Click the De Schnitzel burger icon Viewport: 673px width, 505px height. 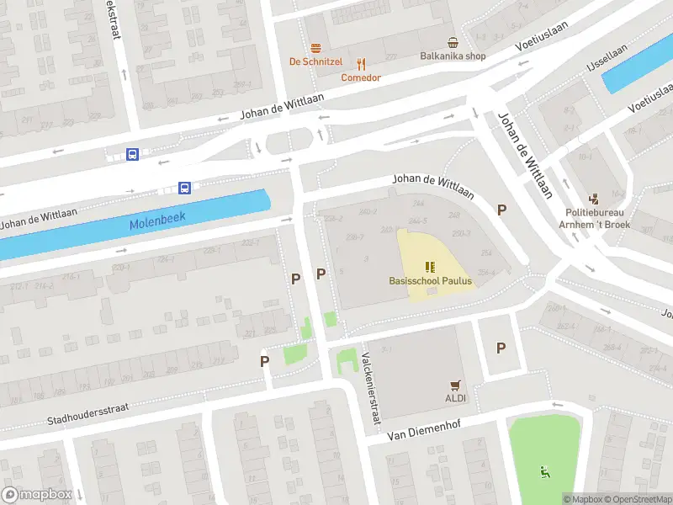316,47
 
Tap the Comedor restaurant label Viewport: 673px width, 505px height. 361,77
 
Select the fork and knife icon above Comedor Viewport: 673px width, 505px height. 362,63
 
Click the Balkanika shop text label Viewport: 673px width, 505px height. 453,56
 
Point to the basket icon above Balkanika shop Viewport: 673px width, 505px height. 453,42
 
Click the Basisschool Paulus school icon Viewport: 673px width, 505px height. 431,267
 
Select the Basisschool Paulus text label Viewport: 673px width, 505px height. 431,281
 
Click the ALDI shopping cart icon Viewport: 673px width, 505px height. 456,385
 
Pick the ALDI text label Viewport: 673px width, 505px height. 456,397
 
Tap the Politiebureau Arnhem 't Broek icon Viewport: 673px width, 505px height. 595,199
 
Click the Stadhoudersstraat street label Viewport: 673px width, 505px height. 88,412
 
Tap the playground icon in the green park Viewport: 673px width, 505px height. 545,471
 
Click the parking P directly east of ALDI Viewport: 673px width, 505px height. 501,348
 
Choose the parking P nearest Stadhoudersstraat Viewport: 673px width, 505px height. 264,361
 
